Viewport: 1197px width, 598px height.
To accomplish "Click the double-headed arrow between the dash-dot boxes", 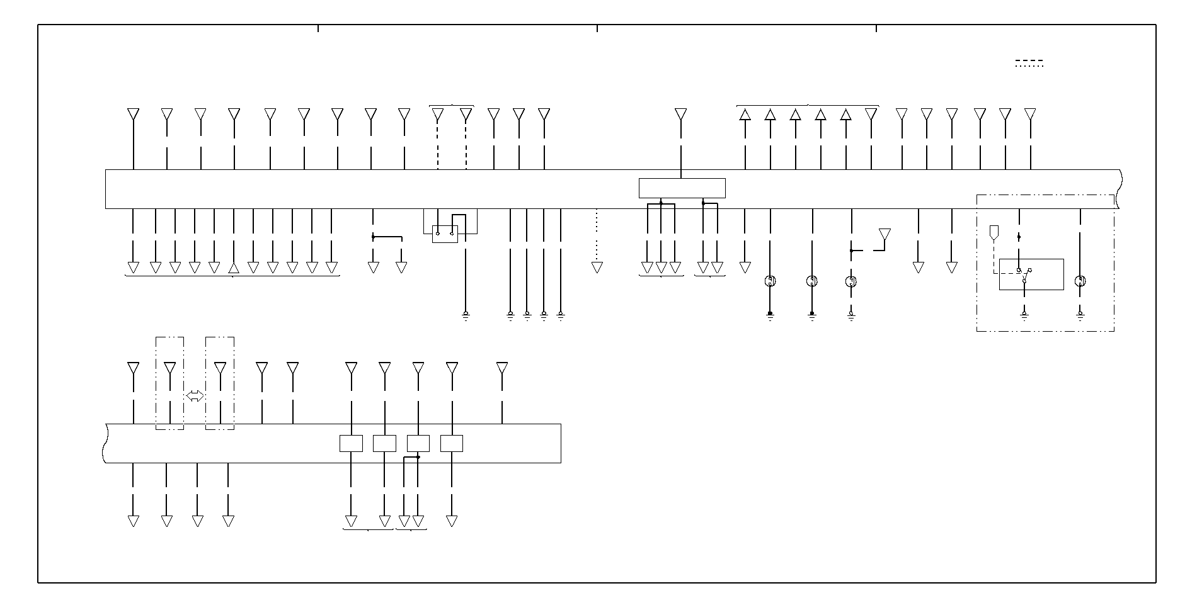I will (195, 396).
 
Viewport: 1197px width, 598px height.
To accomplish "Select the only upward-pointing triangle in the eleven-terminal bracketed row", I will (234, 268).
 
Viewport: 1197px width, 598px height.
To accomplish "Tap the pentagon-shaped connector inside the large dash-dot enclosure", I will (994, 232).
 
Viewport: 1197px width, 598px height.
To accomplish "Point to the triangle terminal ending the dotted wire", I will (597, 268).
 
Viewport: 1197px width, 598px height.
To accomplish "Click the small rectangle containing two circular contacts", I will (445, 234).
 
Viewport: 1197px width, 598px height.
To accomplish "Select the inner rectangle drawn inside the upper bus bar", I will (682, 188).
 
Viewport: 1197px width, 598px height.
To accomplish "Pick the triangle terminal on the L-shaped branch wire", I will (885, 234).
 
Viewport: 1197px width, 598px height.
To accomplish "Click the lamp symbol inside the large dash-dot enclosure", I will (1080, 281).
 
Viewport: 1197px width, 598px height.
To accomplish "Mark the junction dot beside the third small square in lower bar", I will (418, 457).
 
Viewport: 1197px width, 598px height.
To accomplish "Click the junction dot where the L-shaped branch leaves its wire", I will (851, 251).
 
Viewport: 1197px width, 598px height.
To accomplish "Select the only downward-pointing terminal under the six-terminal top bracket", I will (871, 114).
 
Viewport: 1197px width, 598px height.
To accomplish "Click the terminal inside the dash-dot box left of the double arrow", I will (169, 368).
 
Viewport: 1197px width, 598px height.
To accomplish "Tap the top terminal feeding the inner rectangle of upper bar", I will (680, 114).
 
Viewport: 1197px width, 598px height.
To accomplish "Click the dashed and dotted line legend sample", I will (1029, 63).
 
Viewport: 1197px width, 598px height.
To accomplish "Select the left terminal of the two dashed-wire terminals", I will (437, 114).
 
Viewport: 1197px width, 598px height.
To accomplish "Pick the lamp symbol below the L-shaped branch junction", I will (850, 281).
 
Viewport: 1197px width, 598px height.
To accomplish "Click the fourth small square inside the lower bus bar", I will (451, 443).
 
